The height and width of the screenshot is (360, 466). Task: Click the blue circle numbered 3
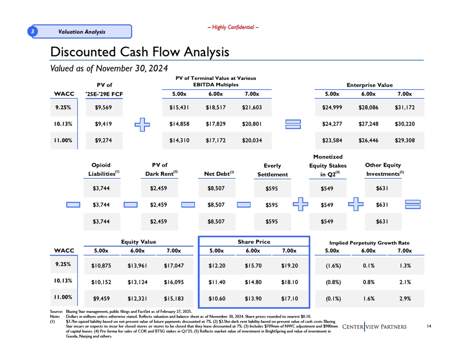[33, 31]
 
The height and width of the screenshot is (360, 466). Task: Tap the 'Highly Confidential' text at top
[233, 27]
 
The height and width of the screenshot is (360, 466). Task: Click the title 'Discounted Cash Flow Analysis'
[140, 52]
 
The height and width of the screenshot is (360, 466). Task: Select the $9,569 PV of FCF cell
[103, 108]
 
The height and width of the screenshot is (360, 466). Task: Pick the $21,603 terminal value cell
[252, 108]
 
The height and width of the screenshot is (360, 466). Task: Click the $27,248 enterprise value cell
[368, 124]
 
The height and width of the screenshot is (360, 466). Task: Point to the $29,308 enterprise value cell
[405, 140]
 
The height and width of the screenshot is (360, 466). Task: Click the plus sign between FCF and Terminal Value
[143, 125]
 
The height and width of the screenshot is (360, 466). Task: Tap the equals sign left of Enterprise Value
[293, 124]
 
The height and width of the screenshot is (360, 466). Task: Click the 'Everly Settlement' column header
[273, 170]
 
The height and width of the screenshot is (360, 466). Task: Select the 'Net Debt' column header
[219, 174]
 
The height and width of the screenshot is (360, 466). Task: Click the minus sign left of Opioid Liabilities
[73, 205]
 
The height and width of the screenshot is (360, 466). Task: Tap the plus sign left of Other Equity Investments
[356, 204]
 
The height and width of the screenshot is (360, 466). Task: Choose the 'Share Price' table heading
[254, 242]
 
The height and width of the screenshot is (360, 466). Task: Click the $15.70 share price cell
[253, 266]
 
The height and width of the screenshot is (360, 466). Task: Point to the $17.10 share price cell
[289, 299]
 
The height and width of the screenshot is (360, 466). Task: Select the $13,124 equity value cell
[138, 282]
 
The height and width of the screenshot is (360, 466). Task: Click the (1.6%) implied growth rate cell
[333, 266]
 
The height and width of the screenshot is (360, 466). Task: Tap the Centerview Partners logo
[374, 327]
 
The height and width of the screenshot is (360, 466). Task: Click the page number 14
[429, 326]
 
